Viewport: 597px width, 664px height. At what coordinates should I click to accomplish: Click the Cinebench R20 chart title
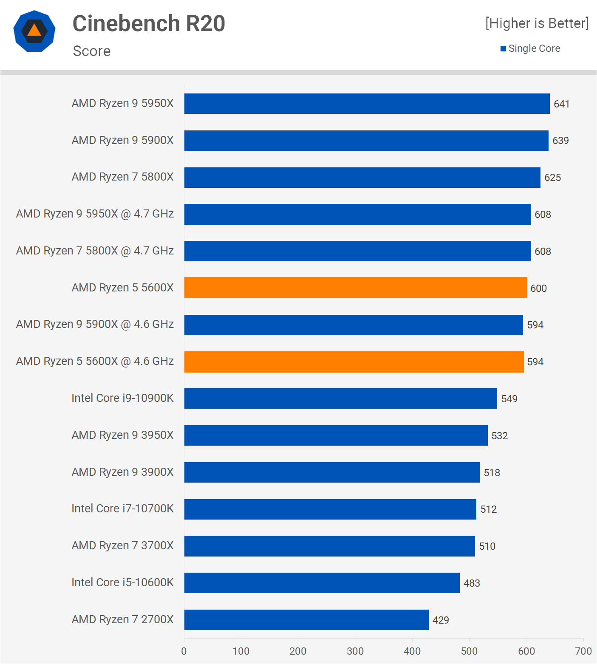(149, 23)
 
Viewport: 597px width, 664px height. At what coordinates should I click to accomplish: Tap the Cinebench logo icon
(34, 31)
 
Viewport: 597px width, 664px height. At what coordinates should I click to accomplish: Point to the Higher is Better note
(537, 23)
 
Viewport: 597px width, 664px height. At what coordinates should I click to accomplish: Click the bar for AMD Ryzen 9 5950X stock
(367, 104)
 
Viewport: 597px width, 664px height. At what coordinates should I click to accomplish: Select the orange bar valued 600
(356, 288)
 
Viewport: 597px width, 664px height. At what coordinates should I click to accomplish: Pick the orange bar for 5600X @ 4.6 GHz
(354, 362)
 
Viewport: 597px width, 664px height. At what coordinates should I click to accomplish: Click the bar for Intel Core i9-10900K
(340, 398)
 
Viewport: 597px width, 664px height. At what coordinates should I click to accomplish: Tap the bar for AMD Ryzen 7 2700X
(306, 619)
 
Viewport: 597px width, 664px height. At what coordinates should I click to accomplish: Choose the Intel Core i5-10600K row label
(122, 582)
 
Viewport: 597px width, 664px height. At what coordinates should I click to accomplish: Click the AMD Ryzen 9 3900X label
(122, 472)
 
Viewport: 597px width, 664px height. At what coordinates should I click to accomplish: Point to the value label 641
(561, 104)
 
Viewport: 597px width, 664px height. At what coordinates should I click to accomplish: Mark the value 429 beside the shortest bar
(441, 620)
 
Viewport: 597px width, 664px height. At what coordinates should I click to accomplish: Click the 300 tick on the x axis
(355, 651)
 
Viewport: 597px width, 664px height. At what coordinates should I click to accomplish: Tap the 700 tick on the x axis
(583, 651)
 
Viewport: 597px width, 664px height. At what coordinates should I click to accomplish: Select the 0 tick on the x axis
(184, 651)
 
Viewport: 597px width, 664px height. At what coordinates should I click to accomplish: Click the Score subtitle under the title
(92, 51)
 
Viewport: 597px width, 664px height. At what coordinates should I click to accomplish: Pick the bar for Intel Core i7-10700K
(330, 509)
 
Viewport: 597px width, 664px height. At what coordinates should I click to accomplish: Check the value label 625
(552, 178)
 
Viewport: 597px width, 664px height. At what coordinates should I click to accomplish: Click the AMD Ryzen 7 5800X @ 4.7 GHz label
(95, 251)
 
